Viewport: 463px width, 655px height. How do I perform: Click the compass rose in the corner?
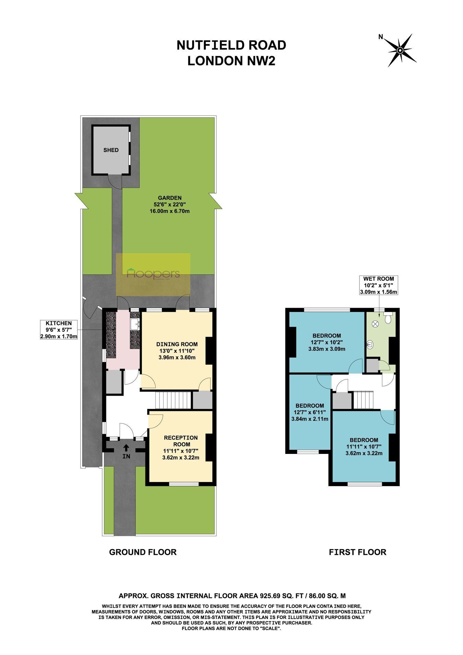click(400, 50)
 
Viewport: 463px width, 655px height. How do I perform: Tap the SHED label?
click(111, 150)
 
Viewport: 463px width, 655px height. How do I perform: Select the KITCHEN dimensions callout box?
click(59, 330)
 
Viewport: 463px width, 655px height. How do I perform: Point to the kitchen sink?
click(135, 323)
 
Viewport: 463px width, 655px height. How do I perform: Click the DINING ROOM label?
click(177, 344)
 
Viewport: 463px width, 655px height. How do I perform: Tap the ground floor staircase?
click(173, 400)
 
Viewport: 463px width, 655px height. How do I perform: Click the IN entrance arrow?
click(126, 447)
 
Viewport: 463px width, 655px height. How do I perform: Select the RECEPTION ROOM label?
click(181, 441)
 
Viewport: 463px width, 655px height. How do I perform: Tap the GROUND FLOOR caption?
click(143, 552)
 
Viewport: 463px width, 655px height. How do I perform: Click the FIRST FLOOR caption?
click(357, 552)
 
